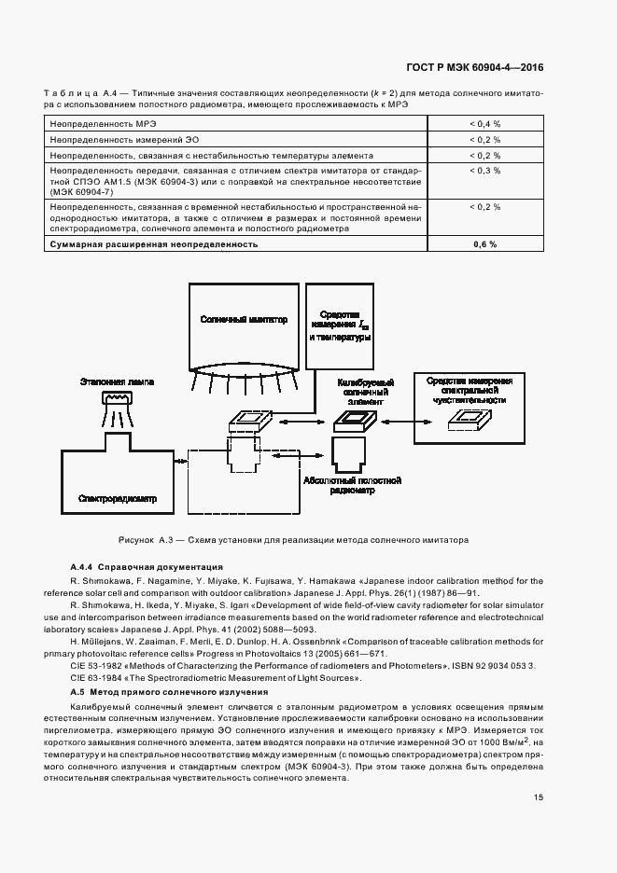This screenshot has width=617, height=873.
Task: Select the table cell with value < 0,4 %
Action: coord(484,123)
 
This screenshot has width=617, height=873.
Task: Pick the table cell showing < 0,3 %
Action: coord(484,172)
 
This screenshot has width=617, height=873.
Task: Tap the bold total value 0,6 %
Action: coord(484,243)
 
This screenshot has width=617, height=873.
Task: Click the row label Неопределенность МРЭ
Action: coord(103,123)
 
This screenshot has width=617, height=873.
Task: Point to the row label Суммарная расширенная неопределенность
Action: coord(153,243)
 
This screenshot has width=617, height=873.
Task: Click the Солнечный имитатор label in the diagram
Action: coord(243,319)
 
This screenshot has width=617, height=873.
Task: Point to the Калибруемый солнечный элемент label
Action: coord(362,389)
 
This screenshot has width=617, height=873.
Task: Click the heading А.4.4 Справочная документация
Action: coord(147,567)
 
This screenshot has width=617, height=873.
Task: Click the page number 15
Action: coord(539,797)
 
